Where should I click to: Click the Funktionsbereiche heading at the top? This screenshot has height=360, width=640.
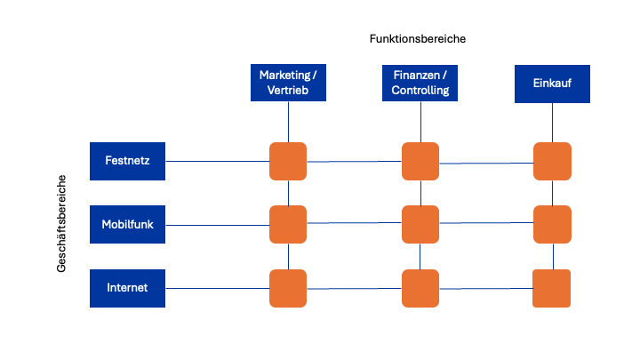point(417,39)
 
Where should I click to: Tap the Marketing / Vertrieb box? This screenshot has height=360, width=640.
point(287,83)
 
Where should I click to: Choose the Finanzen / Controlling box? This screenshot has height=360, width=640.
point(420,83)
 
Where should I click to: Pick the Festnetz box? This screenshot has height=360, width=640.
point(128,161)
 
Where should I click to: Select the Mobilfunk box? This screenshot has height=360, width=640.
point(128,225)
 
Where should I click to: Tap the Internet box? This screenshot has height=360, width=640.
point(128,288)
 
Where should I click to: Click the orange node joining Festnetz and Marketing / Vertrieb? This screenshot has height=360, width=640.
point(288,161)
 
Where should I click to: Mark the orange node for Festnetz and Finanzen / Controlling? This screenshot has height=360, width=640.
point(420,161)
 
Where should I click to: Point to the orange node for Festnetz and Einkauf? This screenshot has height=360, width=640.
point(552,161)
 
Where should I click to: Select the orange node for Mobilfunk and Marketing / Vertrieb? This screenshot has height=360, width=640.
point(288,224)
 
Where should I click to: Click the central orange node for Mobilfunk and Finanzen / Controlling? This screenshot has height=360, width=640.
point(420,224)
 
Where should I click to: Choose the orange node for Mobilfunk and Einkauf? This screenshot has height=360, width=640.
point(552,224)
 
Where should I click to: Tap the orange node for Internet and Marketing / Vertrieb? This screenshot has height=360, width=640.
point(288,288)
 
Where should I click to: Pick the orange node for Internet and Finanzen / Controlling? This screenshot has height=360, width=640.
point(420,288)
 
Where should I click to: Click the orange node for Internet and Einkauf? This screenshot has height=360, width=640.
point(551,288)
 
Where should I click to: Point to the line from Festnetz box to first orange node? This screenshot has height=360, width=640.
point(218,161)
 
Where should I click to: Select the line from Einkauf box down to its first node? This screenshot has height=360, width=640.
point(553,122)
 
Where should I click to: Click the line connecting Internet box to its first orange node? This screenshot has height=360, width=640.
point(218,288)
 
